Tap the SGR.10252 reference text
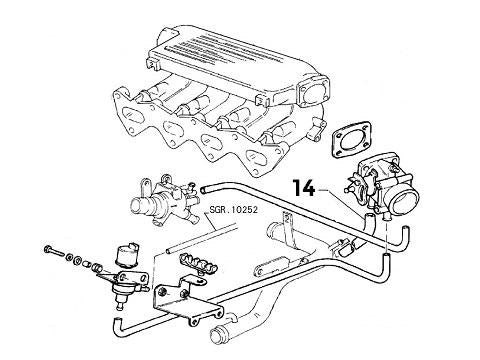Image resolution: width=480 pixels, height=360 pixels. click(234, 211)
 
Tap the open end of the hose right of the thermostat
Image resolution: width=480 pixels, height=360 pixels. click(203, 188)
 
